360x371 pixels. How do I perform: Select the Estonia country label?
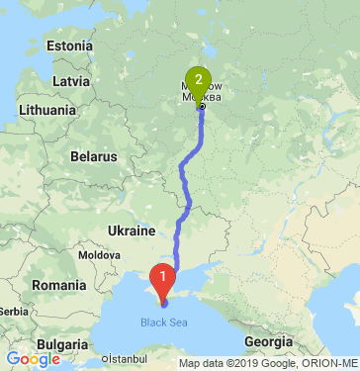(x=68, y=46)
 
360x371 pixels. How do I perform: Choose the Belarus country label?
(x=94, y=156)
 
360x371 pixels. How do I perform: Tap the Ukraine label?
(x=132, y=231)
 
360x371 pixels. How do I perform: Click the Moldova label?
(x=98, y=255)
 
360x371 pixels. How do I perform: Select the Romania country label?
(x=58, y=285)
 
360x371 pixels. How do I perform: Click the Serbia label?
(x=7, y=311)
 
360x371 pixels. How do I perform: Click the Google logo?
(x=33, y=359)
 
